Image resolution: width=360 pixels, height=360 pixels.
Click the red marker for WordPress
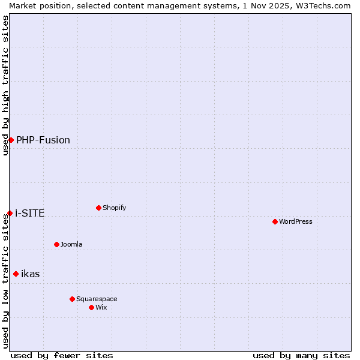coord(275,221)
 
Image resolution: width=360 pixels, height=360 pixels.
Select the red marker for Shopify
coord(98,208)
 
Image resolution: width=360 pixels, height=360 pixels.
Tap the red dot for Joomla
coord(56,244)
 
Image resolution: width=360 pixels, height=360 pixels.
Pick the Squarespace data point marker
coord(72,299)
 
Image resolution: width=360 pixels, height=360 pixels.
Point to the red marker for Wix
coord(91,307)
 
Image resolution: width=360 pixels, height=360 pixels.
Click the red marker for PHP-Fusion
coord(11,140)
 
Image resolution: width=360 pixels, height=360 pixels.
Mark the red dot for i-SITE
coord(10,213)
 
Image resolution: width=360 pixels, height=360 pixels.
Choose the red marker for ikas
coord(16,274)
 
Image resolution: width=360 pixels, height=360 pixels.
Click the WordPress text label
coord(296,221)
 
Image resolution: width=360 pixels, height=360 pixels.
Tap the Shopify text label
coord(115,208)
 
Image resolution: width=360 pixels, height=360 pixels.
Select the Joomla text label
coord(71,244)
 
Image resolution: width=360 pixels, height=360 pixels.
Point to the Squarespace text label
coord(97,299)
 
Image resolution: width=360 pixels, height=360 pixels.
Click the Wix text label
coord(101,307)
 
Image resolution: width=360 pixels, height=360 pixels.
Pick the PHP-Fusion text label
coord(43,140)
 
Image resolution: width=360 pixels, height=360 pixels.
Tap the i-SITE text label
coord(30,213)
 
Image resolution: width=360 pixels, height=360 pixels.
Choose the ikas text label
coord(31,274)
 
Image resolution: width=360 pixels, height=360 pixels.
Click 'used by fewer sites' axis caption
coord(62,355)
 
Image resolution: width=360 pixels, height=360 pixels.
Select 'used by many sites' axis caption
coord(301,355)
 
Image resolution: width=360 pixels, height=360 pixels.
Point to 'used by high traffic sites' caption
coord(5,85)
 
